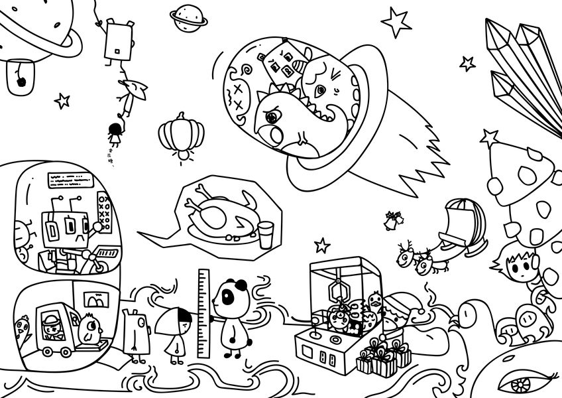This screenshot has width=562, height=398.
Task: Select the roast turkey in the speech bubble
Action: point(218,216)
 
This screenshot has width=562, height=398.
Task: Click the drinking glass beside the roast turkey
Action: point(266,234)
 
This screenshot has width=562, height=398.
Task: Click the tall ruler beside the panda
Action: point(203,311)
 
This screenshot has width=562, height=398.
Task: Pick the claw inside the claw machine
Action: point(339,290)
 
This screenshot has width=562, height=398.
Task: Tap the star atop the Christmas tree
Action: point(490,138)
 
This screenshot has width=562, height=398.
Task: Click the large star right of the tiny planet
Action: point(396,22)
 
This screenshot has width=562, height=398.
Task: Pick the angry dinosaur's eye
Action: point(271,117)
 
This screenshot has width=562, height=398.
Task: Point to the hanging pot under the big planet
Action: point(20,78)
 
